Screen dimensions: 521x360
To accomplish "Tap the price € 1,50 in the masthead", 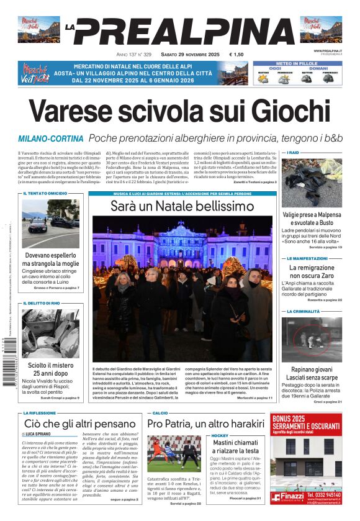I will tap(236, 55).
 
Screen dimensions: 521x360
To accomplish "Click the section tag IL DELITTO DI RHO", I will tap(43, 303).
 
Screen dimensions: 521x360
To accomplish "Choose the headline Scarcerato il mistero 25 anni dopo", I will tap(50, 369).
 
